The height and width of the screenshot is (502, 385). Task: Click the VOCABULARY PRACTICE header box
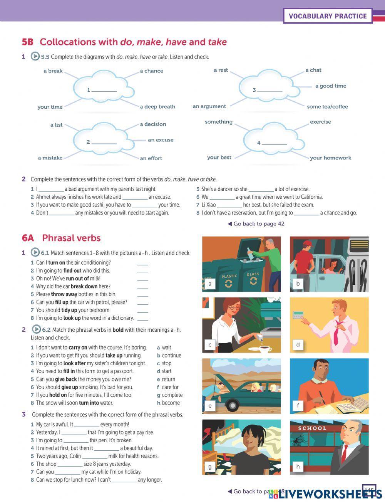coord(328,16)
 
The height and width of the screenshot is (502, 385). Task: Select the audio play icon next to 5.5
coord(35,57)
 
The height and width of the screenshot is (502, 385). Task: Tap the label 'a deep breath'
coord(157,107)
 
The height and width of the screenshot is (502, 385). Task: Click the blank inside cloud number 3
coord(269,90)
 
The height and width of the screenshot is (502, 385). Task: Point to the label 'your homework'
coord(330,158)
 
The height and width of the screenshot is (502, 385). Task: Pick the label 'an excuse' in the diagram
coord(161,140)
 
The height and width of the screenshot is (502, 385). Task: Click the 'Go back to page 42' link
coord(256,224)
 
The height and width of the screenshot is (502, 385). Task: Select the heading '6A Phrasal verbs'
coord(62,238)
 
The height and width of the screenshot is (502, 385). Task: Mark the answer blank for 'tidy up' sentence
coord(142,310)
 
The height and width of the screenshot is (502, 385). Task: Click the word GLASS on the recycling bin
coord(253,274)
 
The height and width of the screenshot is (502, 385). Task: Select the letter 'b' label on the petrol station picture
coord(298,284)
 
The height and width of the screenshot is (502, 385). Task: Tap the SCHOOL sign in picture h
coord(312,428)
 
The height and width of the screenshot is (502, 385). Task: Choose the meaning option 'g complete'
coord(170,395)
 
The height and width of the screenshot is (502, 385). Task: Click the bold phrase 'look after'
coord(74,363)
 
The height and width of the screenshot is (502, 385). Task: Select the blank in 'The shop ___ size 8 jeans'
coord(70,464)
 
